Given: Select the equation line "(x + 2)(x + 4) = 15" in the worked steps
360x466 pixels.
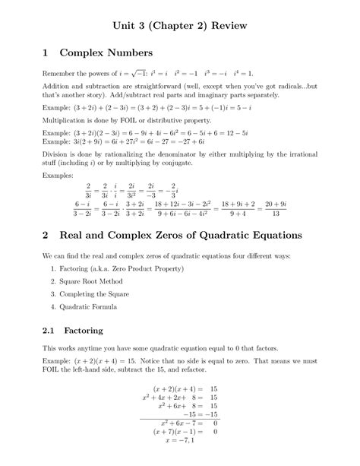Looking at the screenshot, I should click(181, 387).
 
